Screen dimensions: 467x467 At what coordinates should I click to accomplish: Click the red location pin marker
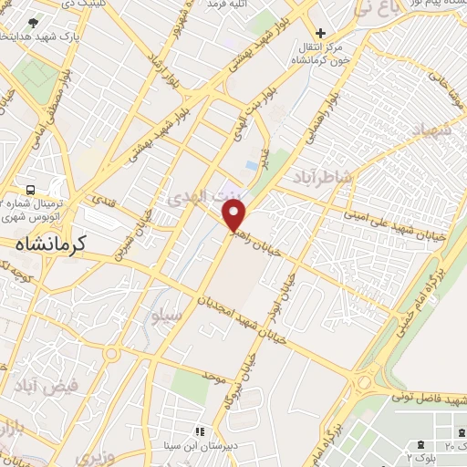tap(235, 215)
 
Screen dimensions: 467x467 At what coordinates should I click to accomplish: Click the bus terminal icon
tap(31, 190)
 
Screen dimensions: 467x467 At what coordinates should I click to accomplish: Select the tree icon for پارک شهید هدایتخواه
tap(33, 23)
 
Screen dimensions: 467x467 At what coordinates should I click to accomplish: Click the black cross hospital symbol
tap(320, 33)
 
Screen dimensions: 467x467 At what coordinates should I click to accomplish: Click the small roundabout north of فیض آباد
tap(110, 354)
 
